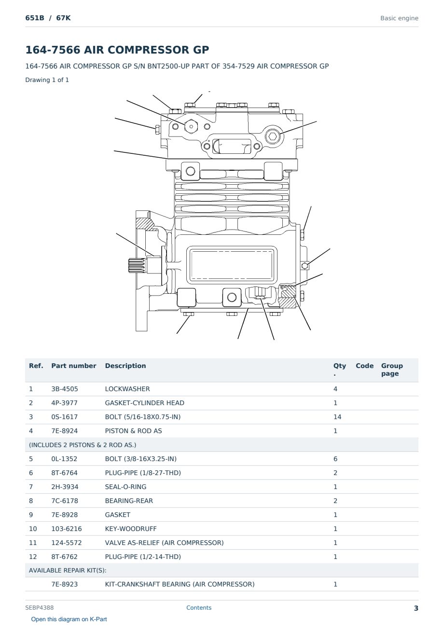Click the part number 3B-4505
(65, 389)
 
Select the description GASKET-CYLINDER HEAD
(145, 403)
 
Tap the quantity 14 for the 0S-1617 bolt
(337, 417)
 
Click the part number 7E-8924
(65, 431)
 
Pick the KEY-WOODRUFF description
(131, 529)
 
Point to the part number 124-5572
(67, 543)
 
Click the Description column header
(125, 366)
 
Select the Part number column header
(74, 366)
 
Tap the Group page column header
(392, 369)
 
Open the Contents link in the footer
(199, 608)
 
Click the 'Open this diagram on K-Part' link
(69, 619)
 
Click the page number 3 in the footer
(416, 608)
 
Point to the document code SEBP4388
(40, 608)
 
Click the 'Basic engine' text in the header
(399, 18)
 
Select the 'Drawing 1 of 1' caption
(47, 80)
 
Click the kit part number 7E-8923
(65, 584)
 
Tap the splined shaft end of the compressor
(137, 266)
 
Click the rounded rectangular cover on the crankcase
(232, 265)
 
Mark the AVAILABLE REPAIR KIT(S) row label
(68, 570)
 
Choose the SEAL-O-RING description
(126, 487)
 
